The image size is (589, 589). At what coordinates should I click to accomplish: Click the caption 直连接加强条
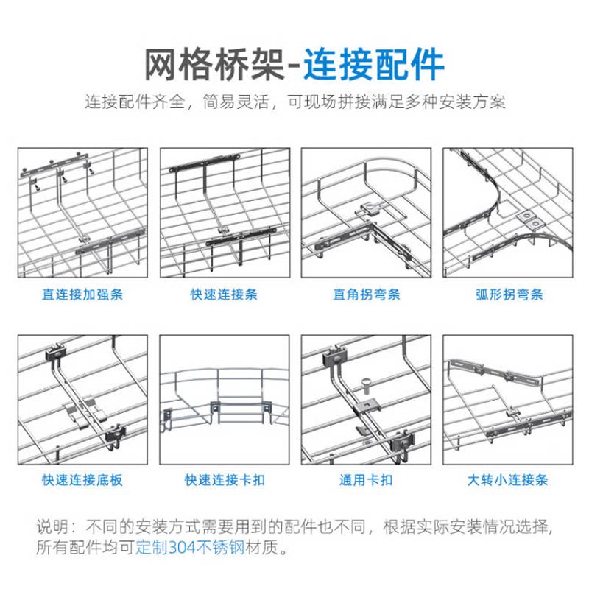[82, 294]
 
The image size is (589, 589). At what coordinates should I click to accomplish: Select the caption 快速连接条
[224, 294]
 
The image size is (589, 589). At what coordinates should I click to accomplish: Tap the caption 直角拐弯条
[366, 294]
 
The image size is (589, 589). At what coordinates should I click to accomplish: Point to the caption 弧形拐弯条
[508, 294]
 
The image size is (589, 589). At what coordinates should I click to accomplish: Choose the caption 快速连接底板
[82, 480]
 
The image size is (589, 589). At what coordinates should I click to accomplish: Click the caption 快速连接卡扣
[224, 480]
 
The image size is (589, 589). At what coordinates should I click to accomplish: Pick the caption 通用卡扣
[366, 480]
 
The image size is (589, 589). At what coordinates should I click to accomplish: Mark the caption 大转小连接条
[508, 480]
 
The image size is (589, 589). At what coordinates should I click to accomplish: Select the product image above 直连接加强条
[82, 213]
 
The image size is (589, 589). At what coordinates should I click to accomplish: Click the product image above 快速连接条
[225, 213]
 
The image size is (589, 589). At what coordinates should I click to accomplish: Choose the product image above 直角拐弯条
[366, 213]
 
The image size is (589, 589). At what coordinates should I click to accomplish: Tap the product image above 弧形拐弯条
[508, 213]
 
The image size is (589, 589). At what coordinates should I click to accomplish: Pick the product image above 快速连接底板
[82, 400]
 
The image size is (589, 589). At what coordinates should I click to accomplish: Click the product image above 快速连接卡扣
[225, 400]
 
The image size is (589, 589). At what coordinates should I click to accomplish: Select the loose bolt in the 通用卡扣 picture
[366, 384]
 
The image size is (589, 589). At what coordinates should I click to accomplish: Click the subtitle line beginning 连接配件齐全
[294, 102]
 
